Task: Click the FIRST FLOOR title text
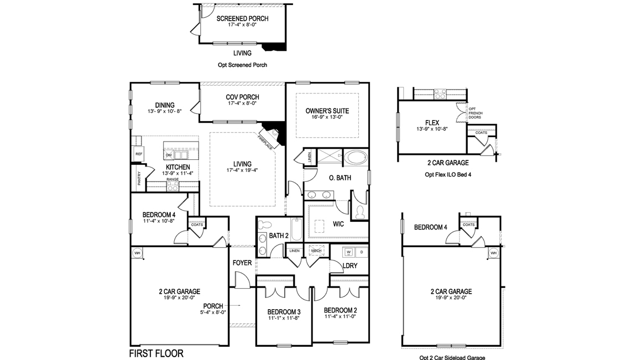[156, 353]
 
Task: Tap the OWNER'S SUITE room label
[327, 111]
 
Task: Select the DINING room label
[165, 105]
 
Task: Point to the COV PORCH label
[242, 97]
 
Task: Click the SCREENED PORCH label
[242, 19]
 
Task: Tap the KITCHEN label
[178, 167]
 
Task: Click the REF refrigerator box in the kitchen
[139, 154]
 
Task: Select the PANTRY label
[139, 180]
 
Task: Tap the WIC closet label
[339, 225]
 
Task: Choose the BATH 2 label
[279, 236]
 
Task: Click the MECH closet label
[316, 251]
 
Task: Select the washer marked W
[348, 252]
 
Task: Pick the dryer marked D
[362, 252]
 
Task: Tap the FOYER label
[242, 263]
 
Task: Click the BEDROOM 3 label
[283, 311]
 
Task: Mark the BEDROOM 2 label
[340, 310]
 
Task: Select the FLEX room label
[432, 122]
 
